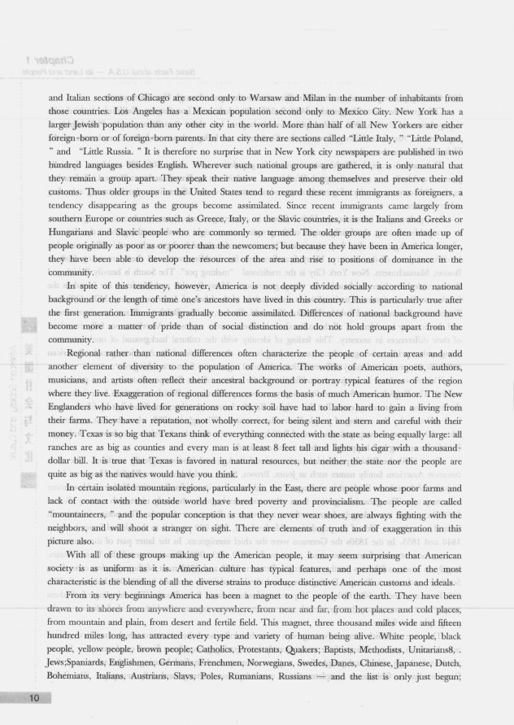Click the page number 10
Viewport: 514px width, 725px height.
(x=33, y=699)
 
